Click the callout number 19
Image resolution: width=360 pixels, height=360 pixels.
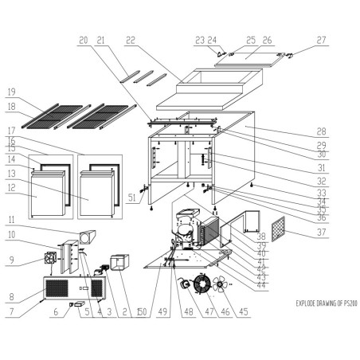pyautogui.click(x=11, y=91)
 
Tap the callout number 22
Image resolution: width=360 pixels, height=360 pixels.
pyautogui.click(x=131, y=39)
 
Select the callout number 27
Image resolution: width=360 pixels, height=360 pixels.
pyautogui.click(x=321, y=39)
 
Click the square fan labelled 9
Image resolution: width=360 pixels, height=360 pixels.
pyautogui.click(x=53, y=259)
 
